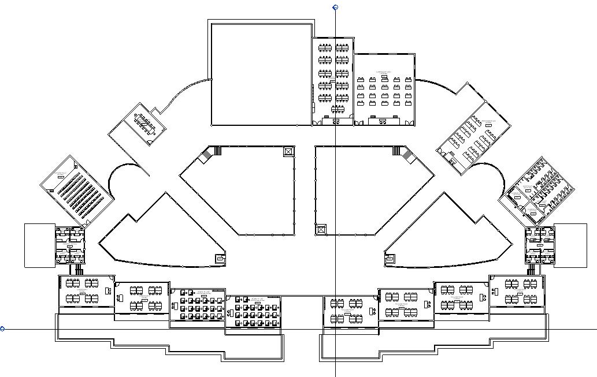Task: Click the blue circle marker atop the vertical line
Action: point(335,8)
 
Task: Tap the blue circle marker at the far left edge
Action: point(2,329)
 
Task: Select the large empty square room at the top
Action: point(261,73)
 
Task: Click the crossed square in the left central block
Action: point(288,151)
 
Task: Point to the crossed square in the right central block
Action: point(320,229)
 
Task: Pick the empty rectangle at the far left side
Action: point(39,245)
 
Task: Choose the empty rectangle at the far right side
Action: point(570,245)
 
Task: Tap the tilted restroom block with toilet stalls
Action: point(537,190)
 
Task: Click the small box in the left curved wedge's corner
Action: point(220,259)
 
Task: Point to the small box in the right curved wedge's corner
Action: point(390,259)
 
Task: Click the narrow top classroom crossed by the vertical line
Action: point(333,81)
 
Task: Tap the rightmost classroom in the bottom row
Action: point(517,291)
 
